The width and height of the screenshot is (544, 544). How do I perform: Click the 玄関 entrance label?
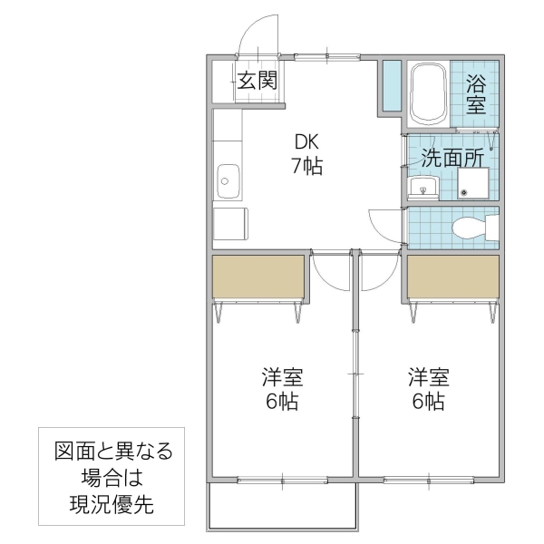click(x=258, y=81)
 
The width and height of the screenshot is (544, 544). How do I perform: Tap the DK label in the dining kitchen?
click(x=306, y=142)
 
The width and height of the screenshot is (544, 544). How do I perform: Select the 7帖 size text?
click(x=306, y=167)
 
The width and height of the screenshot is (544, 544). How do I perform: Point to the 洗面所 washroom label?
click(x=452, y=156)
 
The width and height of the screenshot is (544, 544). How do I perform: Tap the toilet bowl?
click(x=471, y=227)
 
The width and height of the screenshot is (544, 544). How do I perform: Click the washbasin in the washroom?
click(x=423, y=188)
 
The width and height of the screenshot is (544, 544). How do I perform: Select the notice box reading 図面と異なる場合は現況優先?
click(x=112, y=478)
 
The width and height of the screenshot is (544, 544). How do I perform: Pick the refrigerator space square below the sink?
click(x=230, y=223)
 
